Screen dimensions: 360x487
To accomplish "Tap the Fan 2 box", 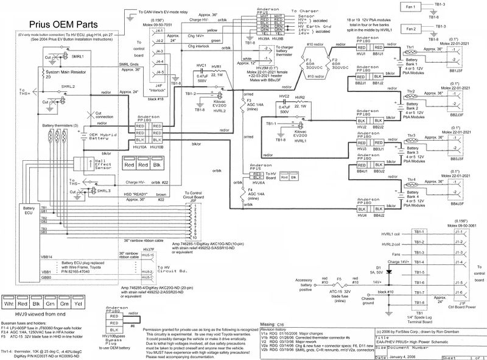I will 410,29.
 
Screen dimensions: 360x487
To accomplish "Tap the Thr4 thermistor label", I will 410,179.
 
